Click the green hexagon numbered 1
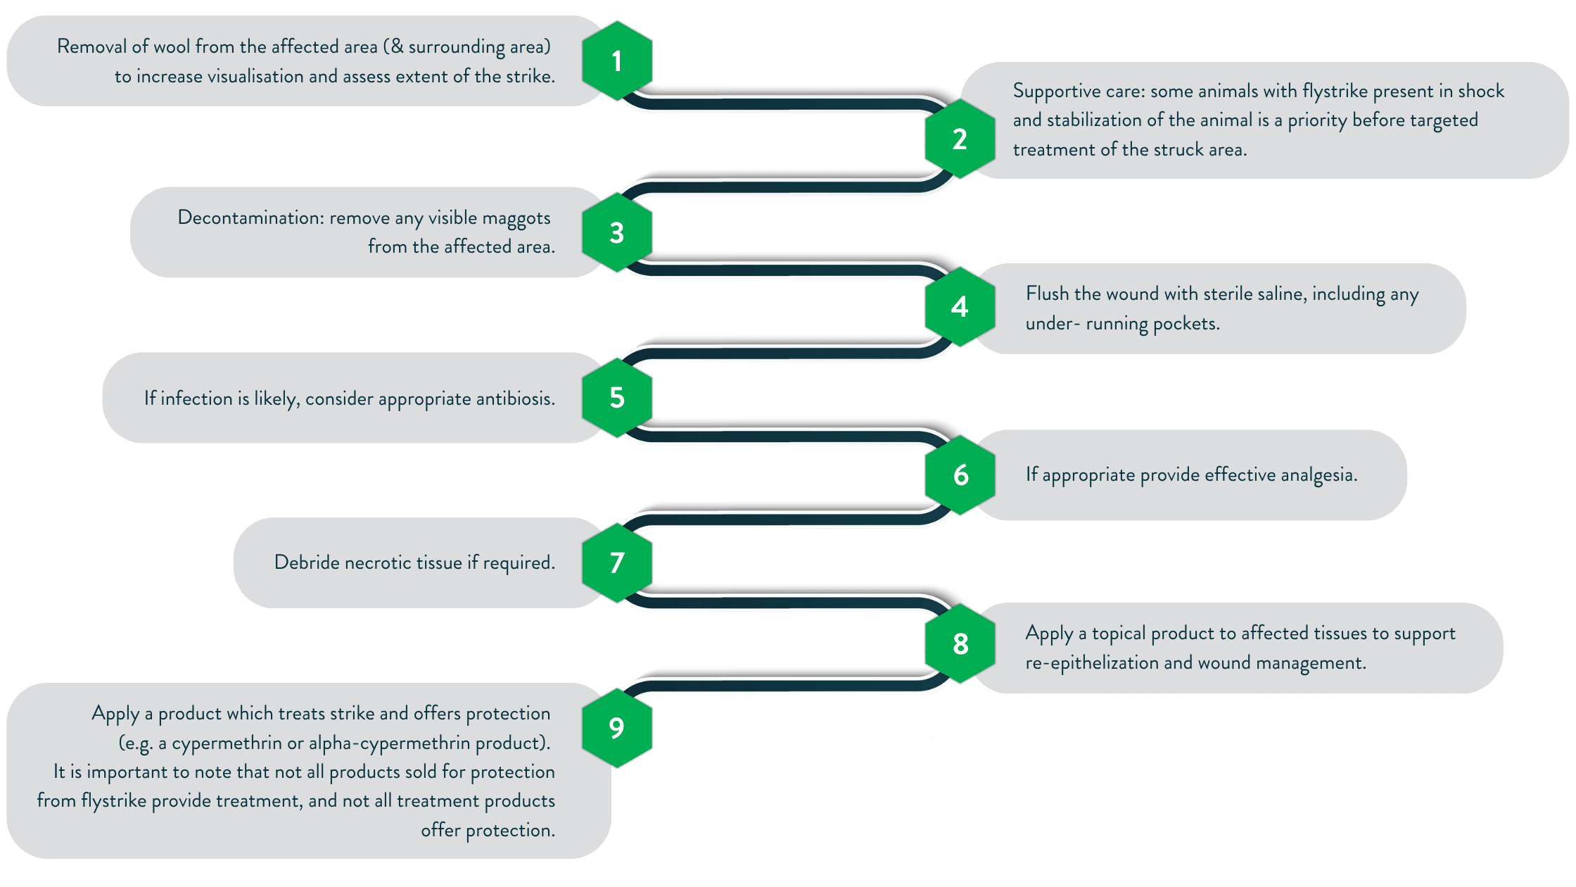(x=617, y=61)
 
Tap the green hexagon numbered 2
(x=960, y=139)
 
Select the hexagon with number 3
(x=617, y=232)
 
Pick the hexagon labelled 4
(x=960, y=306)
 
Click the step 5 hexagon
(x=617, y=398)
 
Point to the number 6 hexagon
(x=960, y=475)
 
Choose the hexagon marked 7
(x=617, y=562)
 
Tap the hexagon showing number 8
(x=960, y=643)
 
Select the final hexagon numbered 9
(x=617, y=727)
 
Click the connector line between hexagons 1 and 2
(x=788, y=104)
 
